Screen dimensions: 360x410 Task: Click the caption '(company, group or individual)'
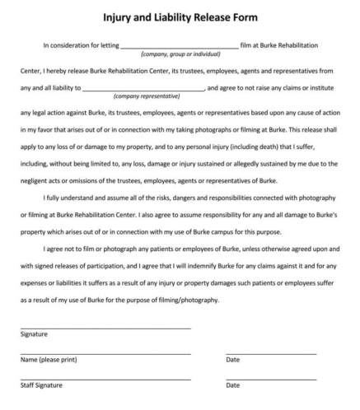pos(180,54)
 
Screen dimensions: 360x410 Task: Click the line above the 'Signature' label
pos(105,328)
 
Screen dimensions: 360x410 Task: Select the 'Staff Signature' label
pos(41,385)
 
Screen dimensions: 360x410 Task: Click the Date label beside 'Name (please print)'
pos(233,360)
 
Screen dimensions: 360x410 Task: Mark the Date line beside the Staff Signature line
pos(271,379)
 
